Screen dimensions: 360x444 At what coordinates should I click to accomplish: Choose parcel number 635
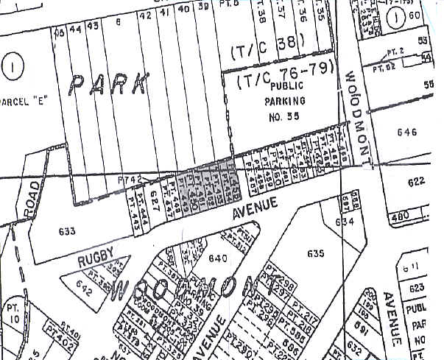point(315,254)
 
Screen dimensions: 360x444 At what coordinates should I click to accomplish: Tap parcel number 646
point(406,133)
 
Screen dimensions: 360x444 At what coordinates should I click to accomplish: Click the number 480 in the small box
point(401,216)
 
